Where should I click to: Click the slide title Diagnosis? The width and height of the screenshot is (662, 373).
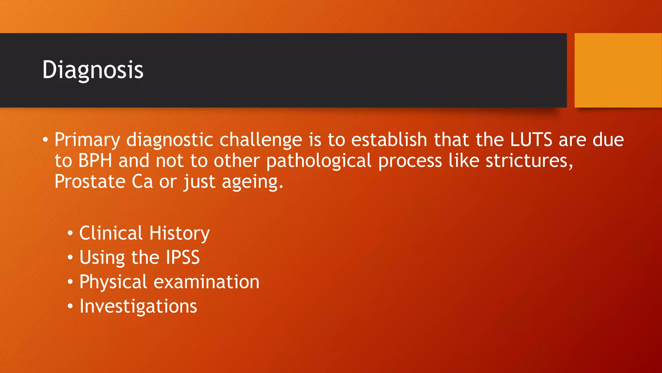(x=93, y=70)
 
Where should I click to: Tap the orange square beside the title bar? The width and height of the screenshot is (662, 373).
(x=618, y=70)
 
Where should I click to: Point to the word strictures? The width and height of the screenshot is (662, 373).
(x=529, y=161)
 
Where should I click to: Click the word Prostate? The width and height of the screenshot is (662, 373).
(x=90, y=181)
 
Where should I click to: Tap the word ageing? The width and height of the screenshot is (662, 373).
(x=252, y=182)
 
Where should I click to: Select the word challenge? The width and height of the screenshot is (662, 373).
(x=261, y=140)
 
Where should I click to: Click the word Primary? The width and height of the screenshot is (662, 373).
(x=87, y=140)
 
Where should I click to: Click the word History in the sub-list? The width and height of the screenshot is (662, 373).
(x=179, y=233)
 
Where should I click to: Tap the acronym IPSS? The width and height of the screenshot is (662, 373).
(x=183, y=257)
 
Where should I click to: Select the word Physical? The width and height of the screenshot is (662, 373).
(x=113, y=282)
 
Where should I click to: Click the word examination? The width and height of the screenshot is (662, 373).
(x=206, y=282)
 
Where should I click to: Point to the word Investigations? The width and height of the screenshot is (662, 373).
(x=138, y=306)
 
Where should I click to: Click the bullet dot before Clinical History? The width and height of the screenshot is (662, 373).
(x=70, y=233)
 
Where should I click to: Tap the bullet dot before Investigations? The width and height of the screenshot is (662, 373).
(x=70, y=306)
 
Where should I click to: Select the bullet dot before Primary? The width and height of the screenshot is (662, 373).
(x=45, y=140)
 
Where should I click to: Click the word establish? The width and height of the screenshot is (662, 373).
(x=389, y=140)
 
